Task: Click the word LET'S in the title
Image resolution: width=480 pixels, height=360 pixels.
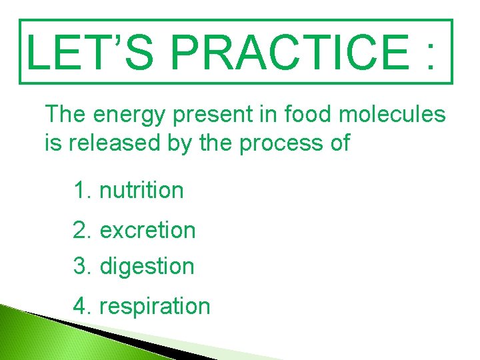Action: (x=83, y=51)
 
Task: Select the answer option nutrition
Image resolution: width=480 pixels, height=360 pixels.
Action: (x=141, y=190)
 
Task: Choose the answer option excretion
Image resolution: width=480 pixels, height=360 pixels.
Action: (x=147, y=231)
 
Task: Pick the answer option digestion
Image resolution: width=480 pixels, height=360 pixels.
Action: (x=147, y=267)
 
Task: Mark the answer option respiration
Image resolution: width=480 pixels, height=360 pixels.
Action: (x=154, y=307)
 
